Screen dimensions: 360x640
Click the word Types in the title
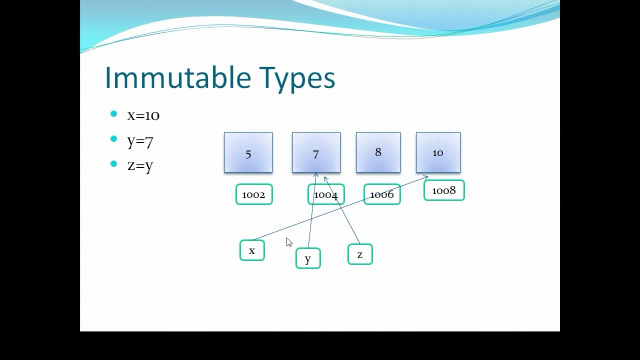tap(297, 79)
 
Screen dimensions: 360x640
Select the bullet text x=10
tap(143, 115)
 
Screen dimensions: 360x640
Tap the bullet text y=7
tap(140, 141)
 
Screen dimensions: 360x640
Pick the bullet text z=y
tap(140, 165)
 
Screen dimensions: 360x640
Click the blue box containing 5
tap(248, 152)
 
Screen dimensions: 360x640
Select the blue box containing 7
tap(316, 152)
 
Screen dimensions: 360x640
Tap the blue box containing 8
tap(378, 152)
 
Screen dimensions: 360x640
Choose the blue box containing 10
tap(438, 152)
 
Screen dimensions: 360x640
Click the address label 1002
tap(254, 194)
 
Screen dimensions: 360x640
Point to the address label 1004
tap(326, 194)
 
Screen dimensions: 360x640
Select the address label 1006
tap(382, 194)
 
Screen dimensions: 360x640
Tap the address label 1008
tap(444, 190)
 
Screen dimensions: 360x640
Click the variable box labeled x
tap(252, 250)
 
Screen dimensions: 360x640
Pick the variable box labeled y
tap(308, 258)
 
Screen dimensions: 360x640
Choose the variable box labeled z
tap(360, 254)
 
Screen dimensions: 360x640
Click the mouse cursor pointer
tap(289, 242)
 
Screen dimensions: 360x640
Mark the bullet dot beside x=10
tap(113, 114)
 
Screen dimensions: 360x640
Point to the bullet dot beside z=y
tap(113, 163)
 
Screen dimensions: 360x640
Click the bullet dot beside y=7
tap(113, 139)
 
